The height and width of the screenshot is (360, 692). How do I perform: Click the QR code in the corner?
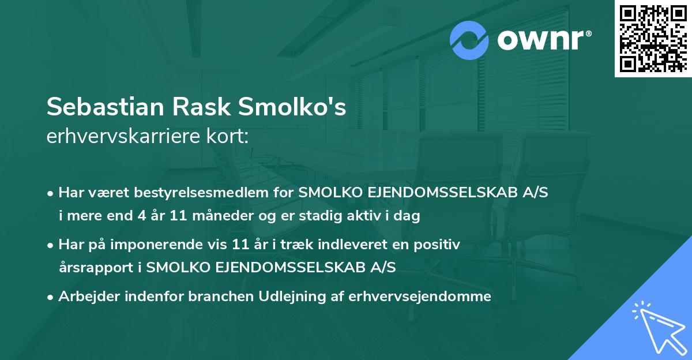tap(653, 38)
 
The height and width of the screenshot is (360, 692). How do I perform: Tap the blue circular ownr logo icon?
tap(469, 41)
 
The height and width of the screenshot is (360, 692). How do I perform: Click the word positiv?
tap(437, 245)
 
